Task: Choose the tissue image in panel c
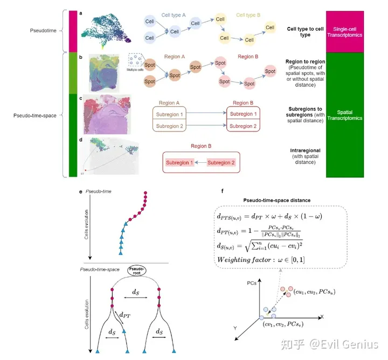pos(106,114)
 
